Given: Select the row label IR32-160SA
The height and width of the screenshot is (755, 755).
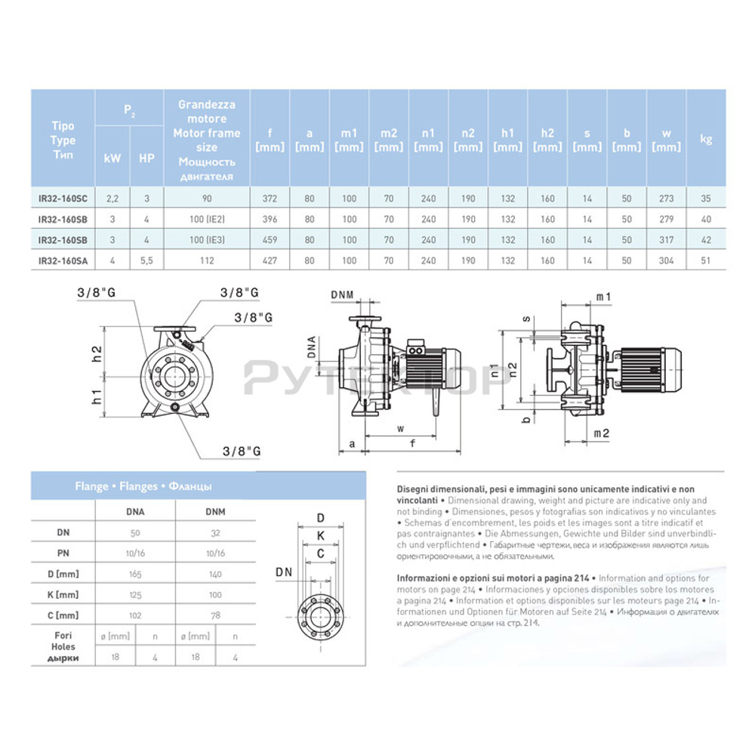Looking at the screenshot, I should click(x=63, y=260).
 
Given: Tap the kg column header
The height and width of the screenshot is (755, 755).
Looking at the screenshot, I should click(x=706, y=140).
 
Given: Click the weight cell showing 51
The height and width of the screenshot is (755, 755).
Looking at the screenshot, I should click(x=706, y=260).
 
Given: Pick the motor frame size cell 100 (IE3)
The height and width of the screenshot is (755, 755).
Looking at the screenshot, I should click(x=206, y=240).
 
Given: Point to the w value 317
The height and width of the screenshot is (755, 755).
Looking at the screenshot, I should click(x=666, y=240).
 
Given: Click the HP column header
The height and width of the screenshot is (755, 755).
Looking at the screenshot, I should click(x=146, y=159).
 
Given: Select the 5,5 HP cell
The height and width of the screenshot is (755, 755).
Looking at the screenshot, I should click(x=146, y=260).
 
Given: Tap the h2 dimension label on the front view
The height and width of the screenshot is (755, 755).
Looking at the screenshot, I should click(x=97, y=353).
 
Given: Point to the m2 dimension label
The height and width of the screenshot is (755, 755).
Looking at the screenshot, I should click(x=602, y=433).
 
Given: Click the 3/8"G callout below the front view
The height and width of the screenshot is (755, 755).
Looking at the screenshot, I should click(x=241, y=451).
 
